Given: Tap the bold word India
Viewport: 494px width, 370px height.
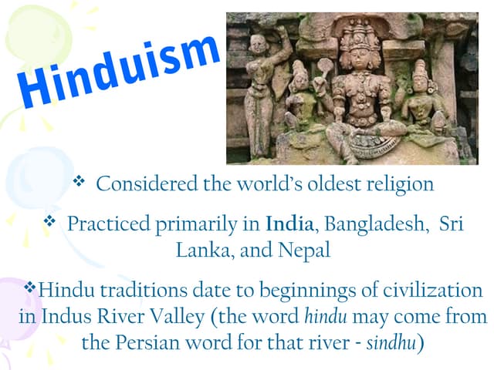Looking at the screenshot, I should pyautogui.click(x=289, y=224).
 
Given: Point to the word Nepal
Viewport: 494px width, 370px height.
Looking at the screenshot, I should pyautogui.click(x=306, y=251).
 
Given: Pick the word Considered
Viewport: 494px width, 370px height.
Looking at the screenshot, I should pyautogui.click(x=144, y=184).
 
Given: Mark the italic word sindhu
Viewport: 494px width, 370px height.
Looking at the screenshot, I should pyautogui.click(x=391, y=342).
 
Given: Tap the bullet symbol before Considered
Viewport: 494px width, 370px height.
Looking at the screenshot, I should pyautogui.click(x=79, y=183).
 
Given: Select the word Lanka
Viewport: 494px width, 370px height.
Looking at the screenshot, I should pyautogui.click(x=204, y=251).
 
